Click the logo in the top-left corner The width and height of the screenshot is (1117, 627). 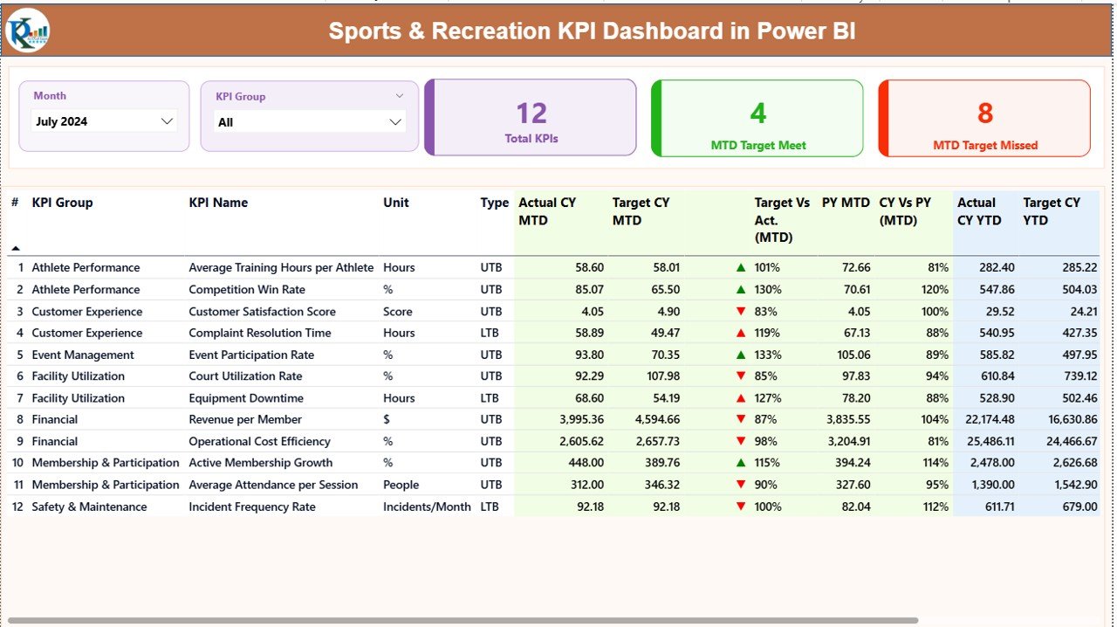point(27,31)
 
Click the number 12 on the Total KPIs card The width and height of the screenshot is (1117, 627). point(531,114)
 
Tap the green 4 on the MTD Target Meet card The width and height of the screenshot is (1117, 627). point(757,114)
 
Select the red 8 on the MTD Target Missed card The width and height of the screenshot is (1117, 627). point(984,114)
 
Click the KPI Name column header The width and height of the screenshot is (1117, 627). point(218,203)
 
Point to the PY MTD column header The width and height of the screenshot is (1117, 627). point(846,203)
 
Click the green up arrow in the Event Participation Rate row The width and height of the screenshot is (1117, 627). point(741,355)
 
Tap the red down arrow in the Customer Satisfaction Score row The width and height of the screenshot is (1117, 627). point(741,311)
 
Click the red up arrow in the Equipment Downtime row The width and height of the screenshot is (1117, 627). point(741,398)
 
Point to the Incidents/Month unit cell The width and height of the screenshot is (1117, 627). point(427,506)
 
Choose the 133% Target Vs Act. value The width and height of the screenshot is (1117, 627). point(768,355)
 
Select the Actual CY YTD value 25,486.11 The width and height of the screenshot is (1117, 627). point(985,441)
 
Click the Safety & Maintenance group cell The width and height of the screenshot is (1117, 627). point(89,506)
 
